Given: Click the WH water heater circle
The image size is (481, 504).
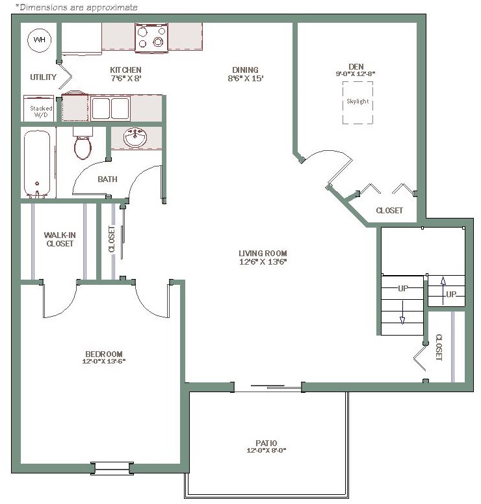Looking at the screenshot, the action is coord(39,40).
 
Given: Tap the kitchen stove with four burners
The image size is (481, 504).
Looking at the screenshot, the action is coord(151,38).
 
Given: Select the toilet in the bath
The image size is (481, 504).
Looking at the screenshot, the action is coord(83,143).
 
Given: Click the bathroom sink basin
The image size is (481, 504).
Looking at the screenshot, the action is coord(135,137).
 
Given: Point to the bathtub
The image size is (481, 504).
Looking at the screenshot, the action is coord(37,164).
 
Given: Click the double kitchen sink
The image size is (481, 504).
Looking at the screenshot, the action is coord(110,109).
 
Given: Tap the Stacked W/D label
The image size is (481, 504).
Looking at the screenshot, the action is coord(41,112).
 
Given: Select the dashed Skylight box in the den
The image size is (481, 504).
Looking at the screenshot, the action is coord(357,103).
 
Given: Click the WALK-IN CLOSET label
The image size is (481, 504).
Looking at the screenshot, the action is coord(60,239).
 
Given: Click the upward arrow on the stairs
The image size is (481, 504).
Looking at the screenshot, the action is coord(443,291).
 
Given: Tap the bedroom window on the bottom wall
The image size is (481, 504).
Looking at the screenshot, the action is coord(112,468).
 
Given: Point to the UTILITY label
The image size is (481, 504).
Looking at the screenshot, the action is coord(43,77).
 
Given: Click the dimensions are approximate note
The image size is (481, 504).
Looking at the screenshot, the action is coord(77,7).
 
